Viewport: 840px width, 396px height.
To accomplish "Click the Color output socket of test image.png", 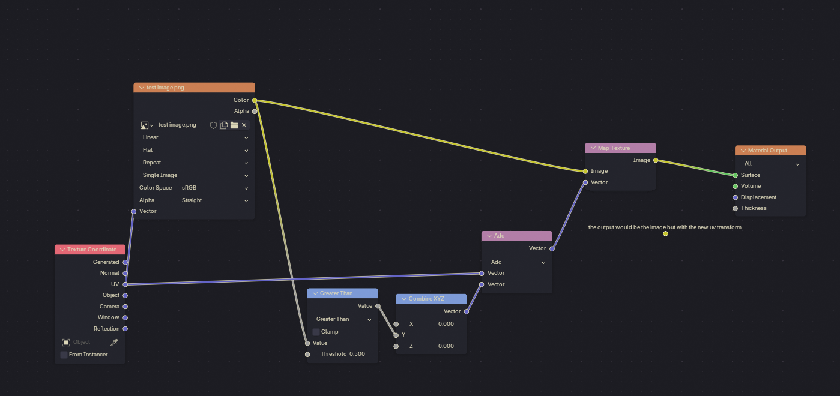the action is click(255, 100).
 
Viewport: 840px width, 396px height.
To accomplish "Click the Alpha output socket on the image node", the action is click(255, 111).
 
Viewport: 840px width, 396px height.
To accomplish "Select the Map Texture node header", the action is click(620, 148).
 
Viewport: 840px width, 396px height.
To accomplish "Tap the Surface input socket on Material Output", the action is click(735, 175).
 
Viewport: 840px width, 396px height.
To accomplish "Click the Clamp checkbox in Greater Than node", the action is click(316, 332).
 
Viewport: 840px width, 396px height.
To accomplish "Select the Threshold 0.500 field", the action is click(343, 354).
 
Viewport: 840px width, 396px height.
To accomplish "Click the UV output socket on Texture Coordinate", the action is click(125, 284).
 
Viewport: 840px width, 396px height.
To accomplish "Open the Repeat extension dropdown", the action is click(195, 163).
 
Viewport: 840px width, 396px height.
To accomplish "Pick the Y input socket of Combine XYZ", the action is click(396, 335).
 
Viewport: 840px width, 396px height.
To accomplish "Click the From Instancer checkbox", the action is click(64, 355).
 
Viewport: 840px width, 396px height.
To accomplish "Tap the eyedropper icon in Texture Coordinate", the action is click(114, 342).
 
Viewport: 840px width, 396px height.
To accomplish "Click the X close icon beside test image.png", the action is click(244, 125).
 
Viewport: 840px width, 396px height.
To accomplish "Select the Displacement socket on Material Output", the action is click(735, 197).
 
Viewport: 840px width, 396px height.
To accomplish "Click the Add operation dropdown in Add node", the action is click(517, 262).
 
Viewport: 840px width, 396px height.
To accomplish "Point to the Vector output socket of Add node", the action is click(552, 248).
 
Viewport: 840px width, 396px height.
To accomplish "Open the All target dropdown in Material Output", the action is click(770, 164).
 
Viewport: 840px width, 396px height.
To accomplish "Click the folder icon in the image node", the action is click(234, 125).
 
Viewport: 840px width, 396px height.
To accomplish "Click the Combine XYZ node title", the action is click(426, 299).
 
